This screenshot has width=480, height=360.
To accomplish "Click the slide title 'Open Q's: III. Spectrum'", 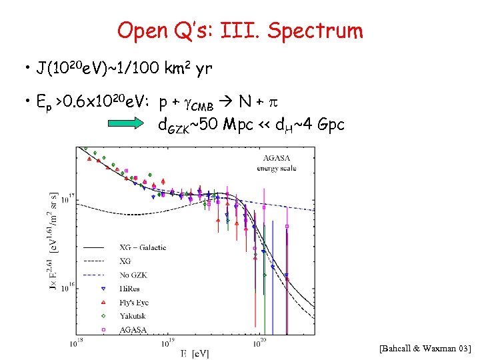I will coord(240,30).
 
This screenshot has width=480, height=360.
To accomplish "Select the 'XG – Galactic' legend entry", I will coord(143,247).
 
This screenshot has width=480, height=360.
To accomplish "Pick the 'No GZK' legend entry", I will coord(133,274).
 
